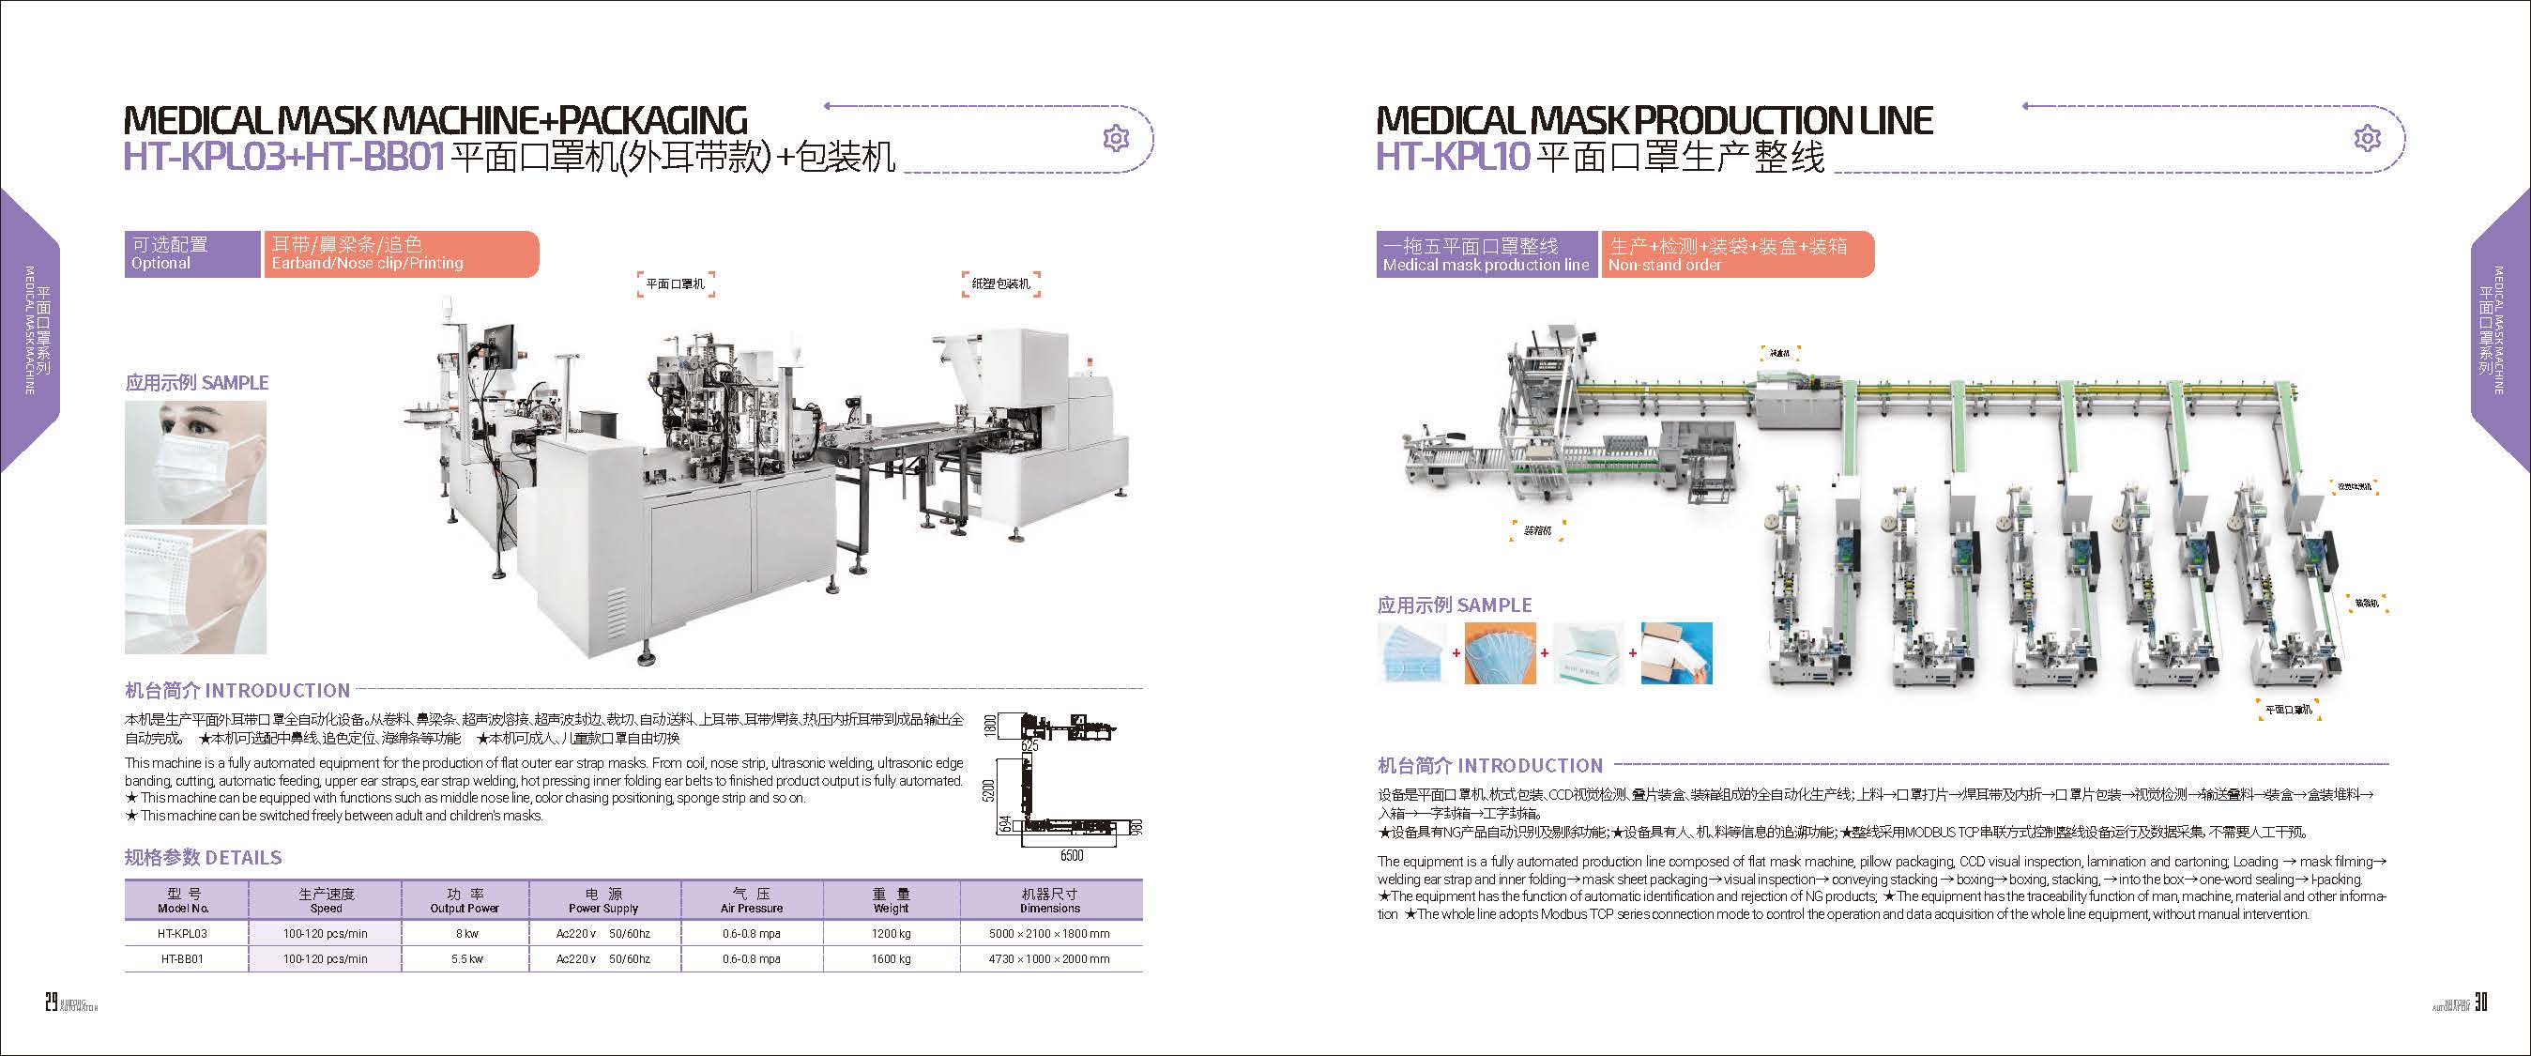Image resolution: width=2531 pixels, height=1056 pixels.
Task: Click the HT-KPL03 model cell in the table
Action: click(x=183, y=933)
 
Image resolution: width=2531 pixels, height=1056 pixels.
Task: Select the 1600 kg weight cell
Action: click(x=891, y=958)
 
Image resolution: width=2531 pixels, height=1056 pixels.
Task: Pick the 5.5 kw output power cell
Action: click(x=465, y=958)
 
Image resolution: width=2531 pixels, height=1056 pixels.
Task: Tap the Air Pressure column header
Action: click(x=752, y=901)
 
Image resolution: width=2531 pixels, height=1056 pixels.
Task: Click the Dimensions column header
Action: click(x=1049, y=901)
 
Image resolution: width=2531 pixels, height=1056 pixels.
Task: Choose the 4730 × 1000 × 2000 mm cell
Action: click(x=1049, y=958)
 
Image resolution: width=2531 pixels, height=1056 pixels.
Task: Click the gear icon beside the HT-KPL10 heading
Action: click(x=2367, y=139)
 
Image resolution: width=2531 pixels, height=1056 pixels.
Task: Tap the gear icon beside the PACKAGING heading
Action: click(x=1115, y=139)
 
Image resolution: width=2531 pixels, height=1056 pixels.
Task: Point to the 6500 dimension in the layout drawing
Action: click(x=1071, y=856)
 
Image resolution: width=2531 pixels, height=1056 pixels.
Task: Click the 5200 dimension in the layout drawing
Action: click(x=989, y=788)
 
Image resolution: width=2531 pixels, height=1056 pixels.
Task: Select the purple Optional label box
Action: click(x=191, y=253)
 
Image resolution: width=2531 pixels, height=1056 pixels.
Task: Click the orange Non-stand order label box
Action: click(x=1736, y=254)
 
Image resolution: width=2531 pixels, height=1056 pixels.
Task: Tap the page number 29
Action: click(x=51, y=1002)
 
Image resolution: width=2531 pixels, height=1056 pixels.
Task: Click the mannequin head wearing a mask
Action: click(x=195, y=462)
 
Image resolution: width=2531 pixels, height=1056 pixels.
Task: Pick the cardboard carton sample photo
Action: click(x=1676, y=652)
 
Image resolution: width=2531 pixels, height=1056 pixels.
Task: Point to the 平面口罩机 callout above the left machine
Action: click(x=675, y=283)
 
